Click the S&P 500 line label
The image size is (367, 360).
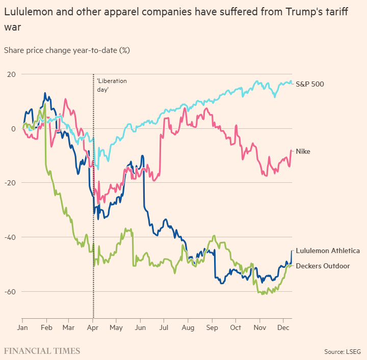tap(310, 84)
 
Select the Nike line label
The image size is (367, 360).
tap(303, 152)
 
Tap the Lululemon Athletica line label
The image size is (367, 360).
tap(328, 251)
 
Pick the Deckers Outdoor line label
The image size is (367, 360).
tap(323, 266)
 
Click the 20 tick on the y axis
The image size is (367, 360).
tap(11, 74)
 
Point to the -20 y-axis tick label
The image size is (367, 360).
tap(10, 183)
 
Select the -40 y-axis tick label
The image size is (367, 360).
tap(10, 237)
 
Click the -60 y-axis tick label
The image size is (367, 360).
tap(10, 292)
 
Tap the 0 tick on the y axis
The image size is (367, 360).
tap(14, 129)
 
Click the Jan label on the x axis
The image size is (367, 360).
tap(22, 327)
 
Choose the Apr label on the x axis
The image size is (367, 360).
tap(92, 327)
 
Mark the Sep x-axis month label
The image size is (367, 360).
tap(212, 327)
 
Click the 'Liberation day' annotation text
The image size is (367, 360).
tap(112, 85)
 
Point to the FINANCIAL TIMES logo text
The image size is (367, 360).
tap(42, 351)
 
